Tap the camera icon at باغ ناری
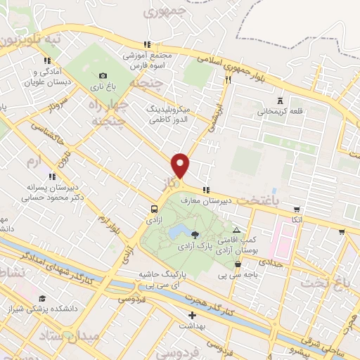pos(103,76)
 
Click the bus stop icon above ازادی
pos(154,208)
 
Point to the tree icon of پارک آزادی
pos(195,235)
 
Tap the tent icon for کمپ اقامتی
pos(236,231)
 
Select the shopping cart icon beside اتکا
pos(297,209)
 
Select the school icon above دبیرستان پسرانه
pos(51,176)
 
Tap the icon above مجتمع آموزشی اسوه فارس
pos(146,44)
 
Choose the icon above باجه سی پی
pos(238,265)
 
